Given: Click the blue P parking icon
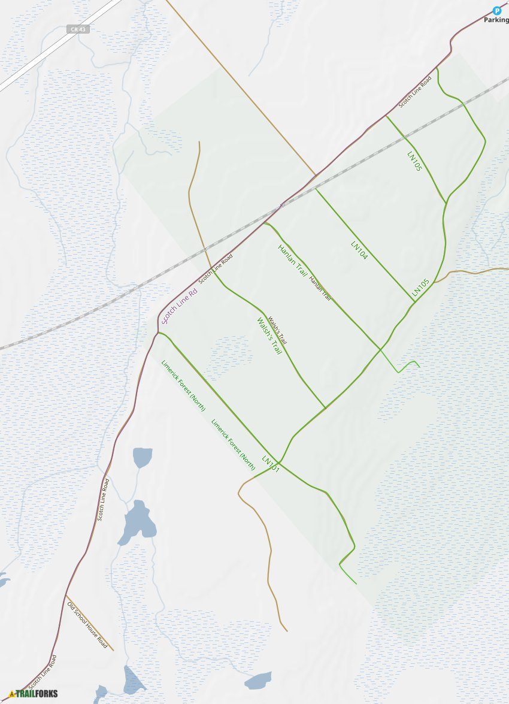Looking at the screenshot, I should [496, 10].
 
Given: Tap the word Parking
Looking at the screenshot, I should [496, 20].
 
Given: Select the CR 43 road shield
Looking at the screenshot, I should [78, 29].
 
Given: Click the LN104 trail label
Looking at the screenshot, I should [359, 250].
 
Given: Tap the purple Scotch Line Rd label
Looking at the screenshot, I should [180, 306].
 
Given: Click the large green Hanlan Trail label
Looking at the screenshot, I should [292, 261].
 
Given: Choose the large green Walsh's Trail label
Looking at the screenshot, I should [269, 336].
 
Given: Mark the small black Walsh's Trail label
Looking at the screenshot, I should [278, 330].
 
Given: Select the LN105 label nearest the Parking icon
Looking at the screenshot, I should [414, 161].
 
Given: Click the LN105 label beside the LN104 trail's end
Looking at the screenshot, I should [420, 288].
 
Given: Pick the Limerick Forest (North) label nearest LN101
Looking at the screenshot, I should [233, 444].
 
